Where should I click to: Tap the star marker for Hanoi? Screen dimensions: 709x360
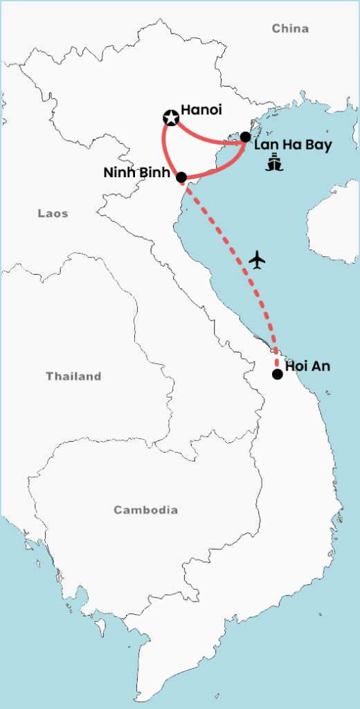[x=170, y=118]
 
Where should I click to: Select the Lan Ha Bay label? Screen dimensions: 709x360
[x=293, y=145]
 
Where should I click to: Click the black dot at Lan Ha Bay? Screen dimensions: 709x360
[x=245, y=137]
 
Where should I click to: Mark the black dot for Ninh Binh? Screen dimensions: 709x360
[x=181, y=177]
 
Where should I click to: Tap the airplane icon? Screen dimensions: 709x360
[x=258, y=260]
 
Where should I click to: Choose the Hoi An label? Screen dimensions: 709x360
[x=307, y=366]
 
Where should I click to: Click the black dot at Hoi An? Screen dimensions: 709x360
[x=277, y=374]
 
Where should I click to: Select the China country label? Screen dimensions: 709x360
[x=290, y=28]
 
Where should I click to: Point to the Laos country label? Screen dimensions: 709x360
[x=53, y=213]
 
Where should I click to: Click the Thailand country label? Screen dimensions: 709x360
[x=73, y=377]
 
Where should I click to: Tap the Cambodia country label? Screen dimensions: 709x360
[x=145, y=510]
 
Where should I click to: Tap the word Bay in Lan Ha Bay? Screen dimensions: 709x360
[x=318, y=146]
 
